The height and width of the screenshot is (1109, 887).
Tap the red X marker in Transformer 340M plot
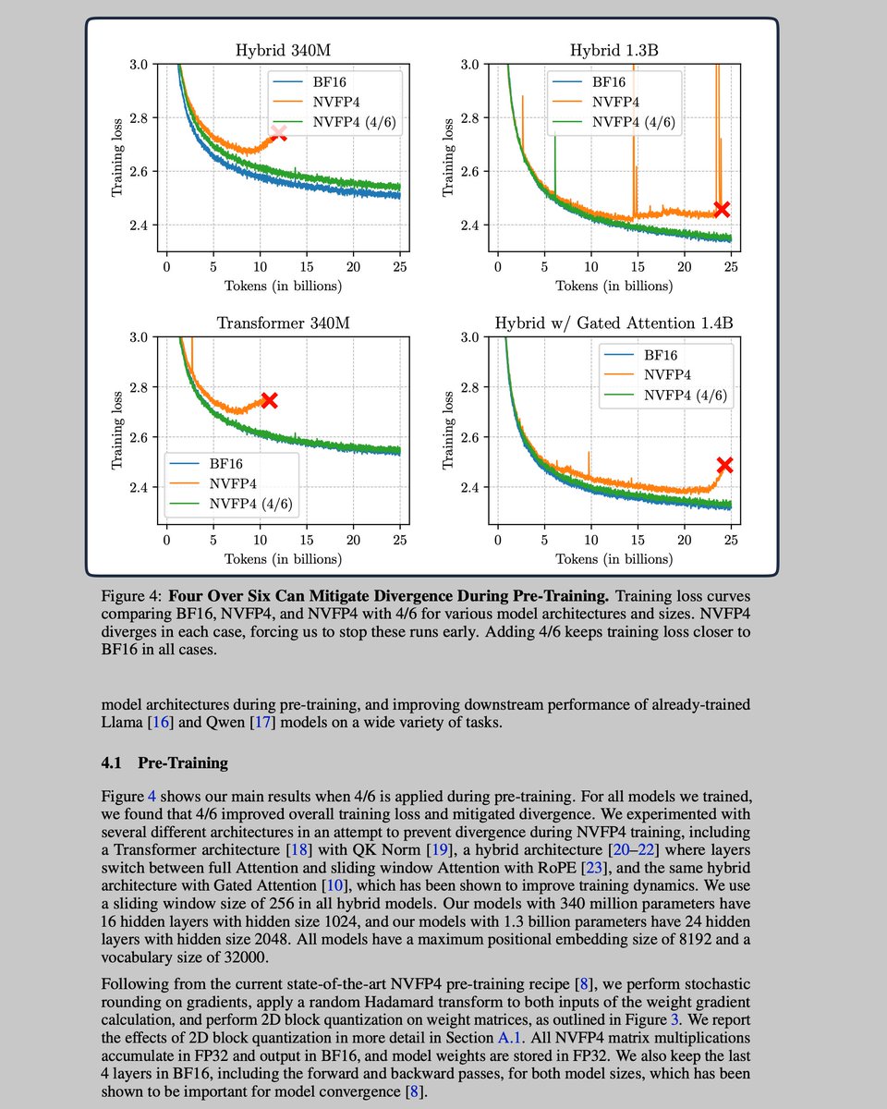[x=269, y=400]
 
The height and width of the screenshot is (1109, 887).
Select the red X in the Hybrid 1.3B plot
[x=722, y=209]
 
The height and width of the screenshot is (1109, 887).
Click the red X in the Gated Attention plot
[x=724, y=465]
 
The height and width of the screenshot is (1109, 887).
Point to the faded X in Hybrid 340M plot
[x=278, y=133]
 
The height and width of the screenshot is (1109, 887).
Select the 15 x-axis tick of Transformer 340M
[x=307, y=540]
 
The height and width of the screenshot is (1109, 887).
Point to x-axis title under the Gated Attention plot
[x=614, y=558]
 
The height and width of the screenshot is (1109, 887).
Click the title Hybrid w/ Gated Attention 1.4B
[x=614, y=324]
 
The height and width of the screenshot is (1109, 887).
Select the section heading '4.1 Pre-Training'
[x=164, y=763]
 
